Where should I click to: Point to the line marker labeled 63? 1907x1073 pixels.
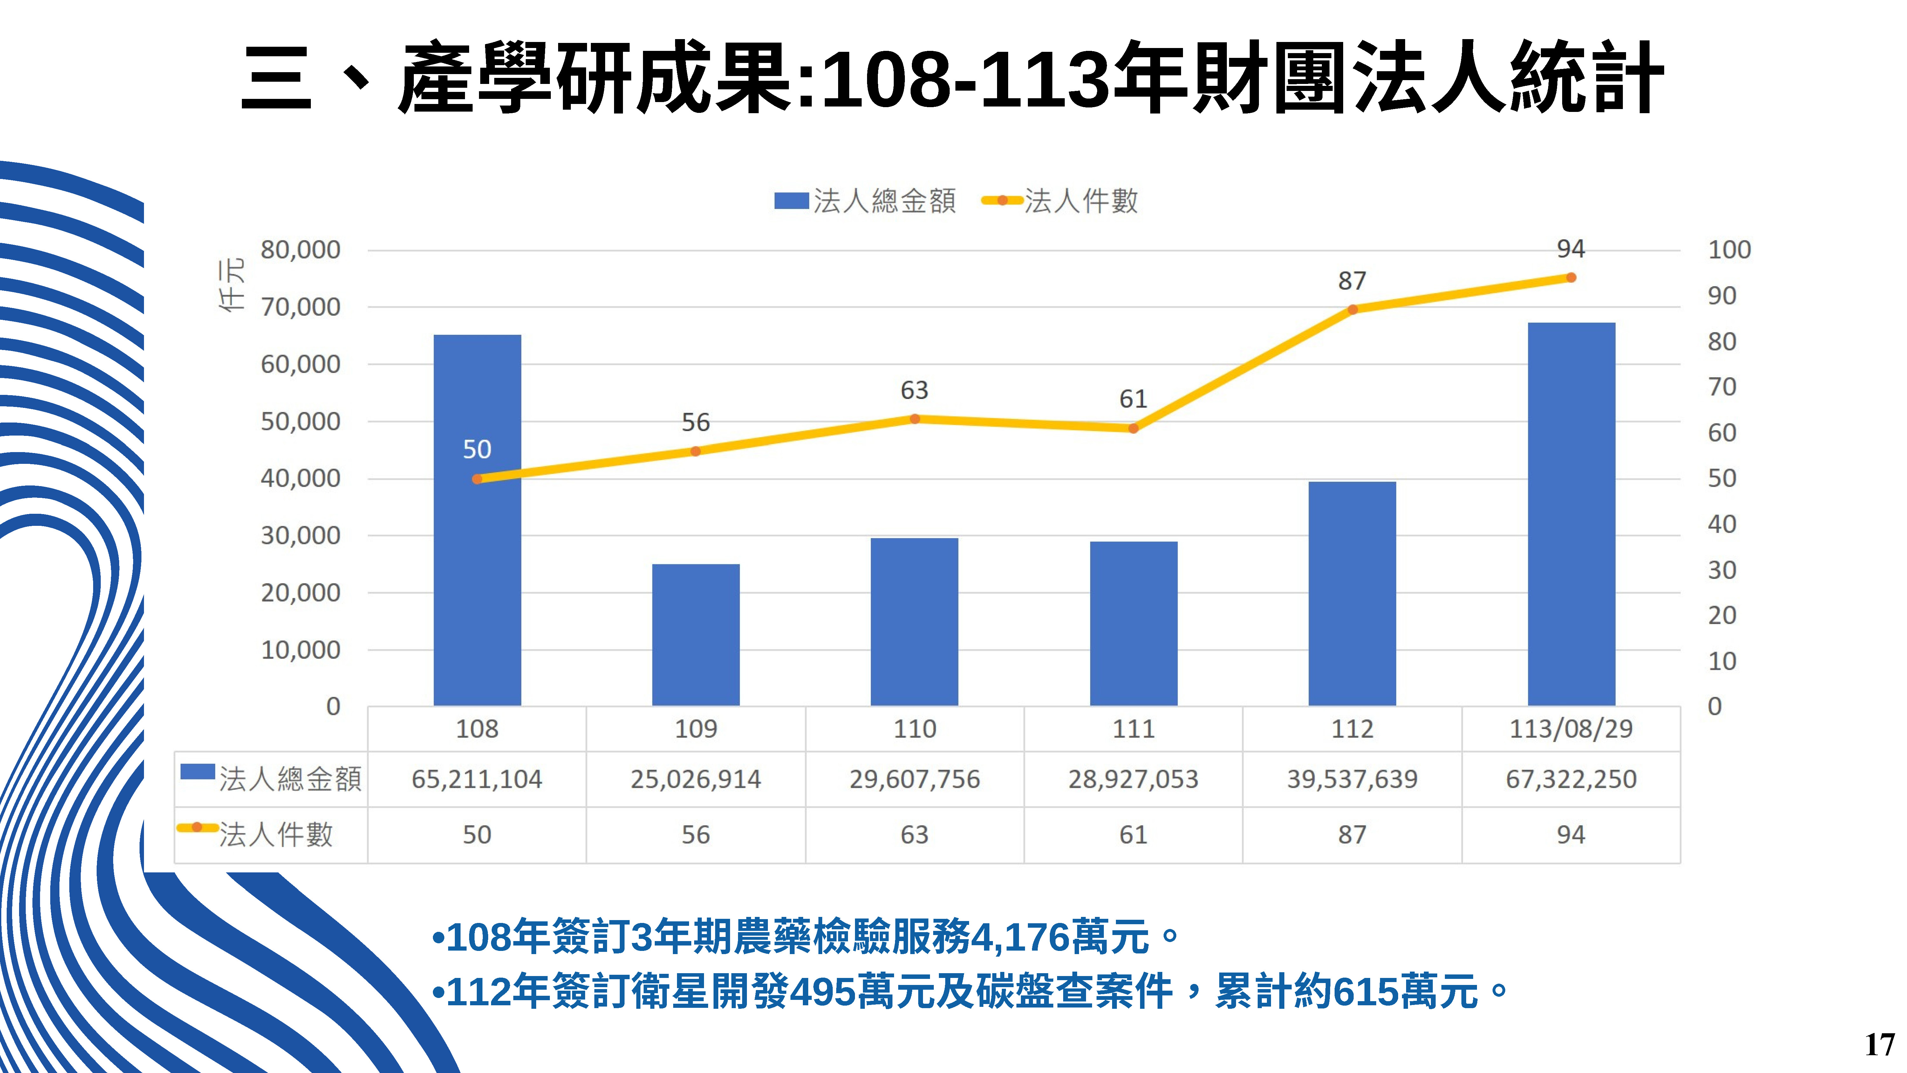914,419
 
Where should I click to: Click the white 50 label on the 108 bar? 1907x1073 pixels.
477,450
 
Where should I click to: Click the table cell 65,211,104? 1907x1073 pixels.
477,779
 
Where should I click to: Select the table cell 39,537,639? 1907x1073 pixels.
1352,779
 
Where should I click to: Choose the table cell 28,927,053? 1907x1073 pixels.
1133,779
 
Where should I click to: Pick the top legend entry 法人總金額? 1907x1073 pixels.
866,201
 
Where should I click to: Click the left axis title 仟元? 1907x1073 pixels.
231,285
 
